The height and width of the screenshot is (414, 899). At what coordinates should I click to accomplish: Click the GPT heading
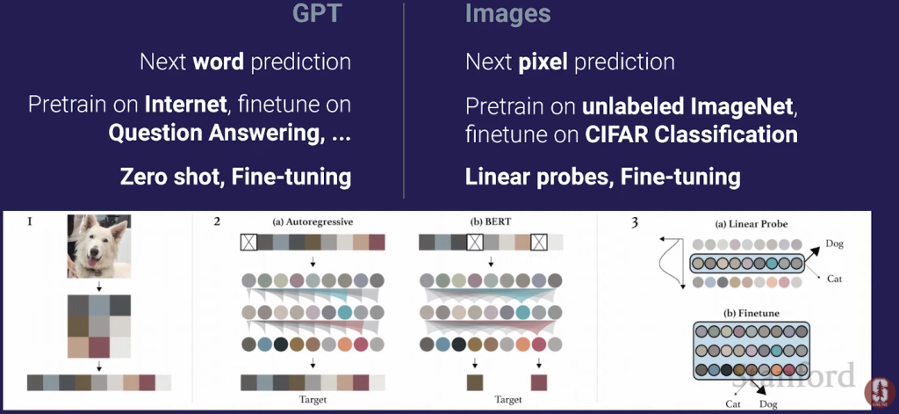(317, 14)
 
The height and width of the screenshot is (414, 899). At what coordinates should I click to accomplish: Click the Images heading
(507, 14)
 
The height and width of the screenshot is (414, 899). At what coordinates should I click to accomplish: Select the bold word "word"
(219, 62)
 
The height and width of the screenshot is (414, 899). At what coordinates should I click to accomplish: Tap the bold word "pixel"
(544, 62)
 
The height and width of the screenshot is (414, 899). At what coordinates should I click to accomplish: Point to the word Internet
(184, 105)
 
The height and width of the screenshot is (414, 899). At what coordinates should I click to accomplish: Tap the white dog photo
(98, 246)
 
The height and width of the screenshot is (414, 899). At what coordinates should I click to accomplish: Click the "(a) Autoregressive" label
(313, 222)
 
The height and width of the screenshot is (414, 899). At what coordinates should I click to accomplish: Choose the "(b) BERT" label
(490, 222)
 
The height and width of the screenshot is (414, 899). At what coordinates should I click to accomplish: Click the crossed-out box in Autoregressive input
(248, 243)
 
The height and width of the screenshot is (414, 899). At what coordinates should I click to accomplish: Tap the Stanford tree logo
(880, 392)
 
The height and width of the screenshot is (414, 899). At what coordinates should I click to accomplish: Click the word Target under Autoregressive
(313, 399)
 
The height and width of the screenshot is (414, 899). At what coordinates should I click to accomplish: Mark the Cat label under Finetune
(733, 403)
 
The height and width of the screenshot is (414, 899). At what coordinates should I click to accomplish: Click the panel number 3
(634, 222)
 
